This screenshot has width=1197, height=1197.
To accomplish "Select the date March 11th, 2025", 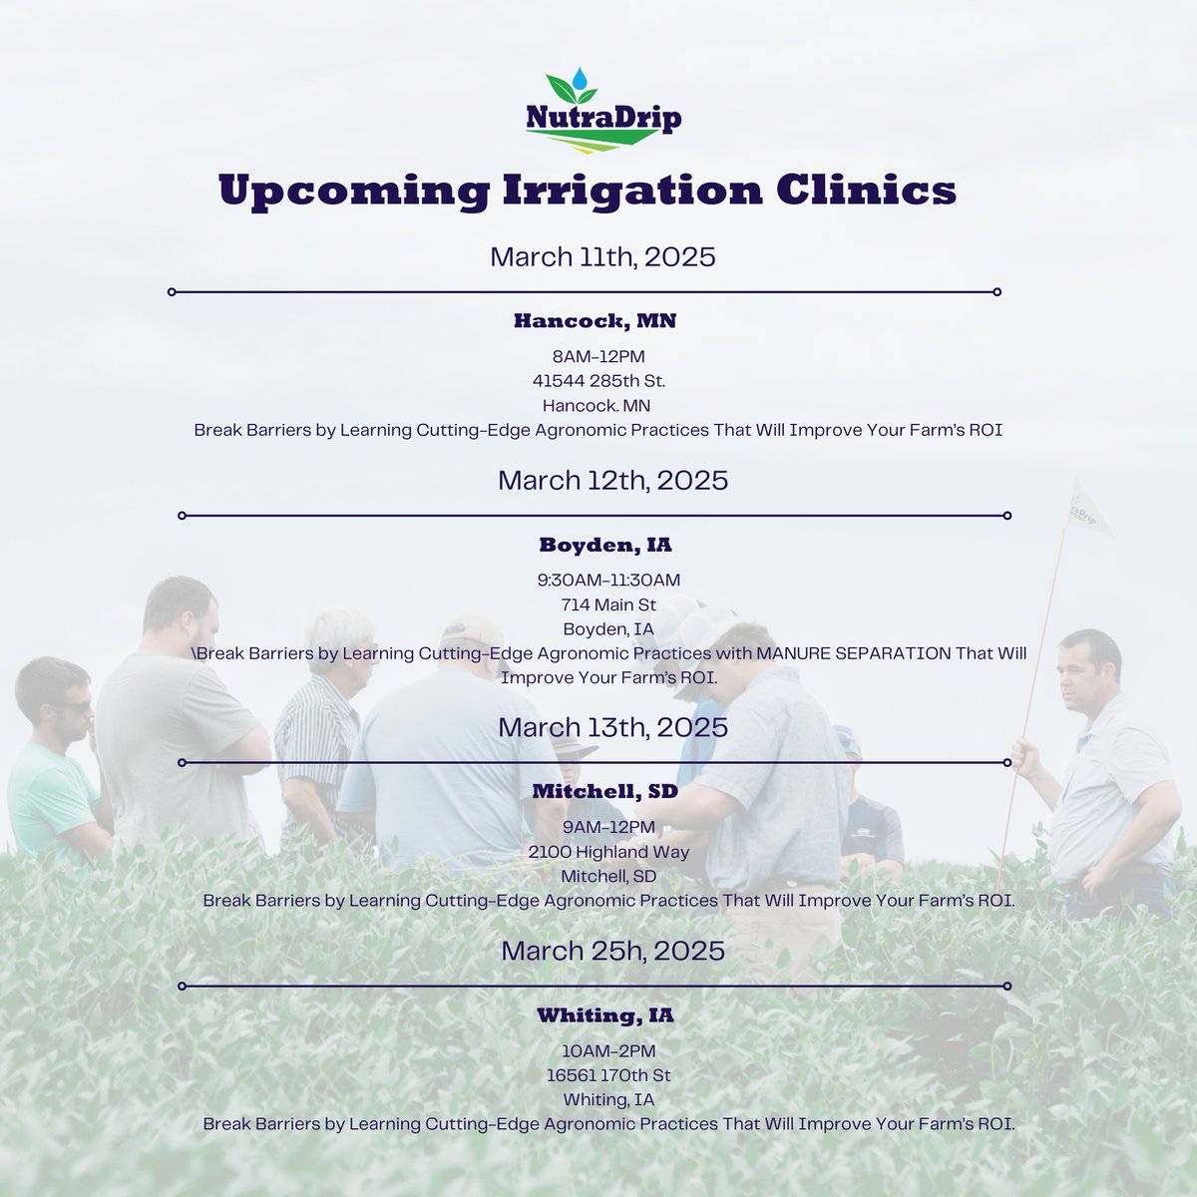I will click(602, 256).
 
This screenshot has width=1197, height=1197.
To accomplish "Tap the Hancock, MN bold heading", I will click(596, 321).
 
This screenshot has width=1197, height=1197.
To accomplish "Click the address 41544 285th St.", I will click(598, 380).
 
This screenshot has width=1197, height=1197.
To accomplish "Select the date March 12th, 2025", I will click(612, 480).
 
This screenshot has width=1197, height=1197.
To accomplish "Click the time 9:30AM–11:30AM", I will click(608, 580).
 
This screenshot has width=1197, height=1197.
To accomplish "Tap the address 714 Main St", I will click(608, 604).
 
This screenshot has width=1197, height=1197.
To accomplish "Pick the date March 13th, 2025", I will click(612, 726).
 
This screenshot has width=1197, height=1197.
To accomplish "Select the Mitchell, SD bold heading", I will click(604, 792).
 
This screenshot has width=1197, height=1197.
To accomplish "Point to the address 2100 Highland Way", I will click(608, 851).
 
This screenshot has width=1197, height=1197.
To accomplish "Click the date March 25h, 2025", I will click(612, 950).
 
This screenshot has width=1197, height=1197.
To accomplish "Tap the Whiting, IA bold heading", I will click(604, 1016).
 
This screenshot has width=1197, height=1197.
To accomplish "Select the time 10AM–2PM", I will click(608, 1050).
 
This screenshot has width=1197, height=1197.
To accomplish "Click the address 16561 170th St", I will click(608, 1075).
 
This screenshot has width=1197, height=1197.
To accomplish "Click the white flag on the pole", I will click(1090, 509).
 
